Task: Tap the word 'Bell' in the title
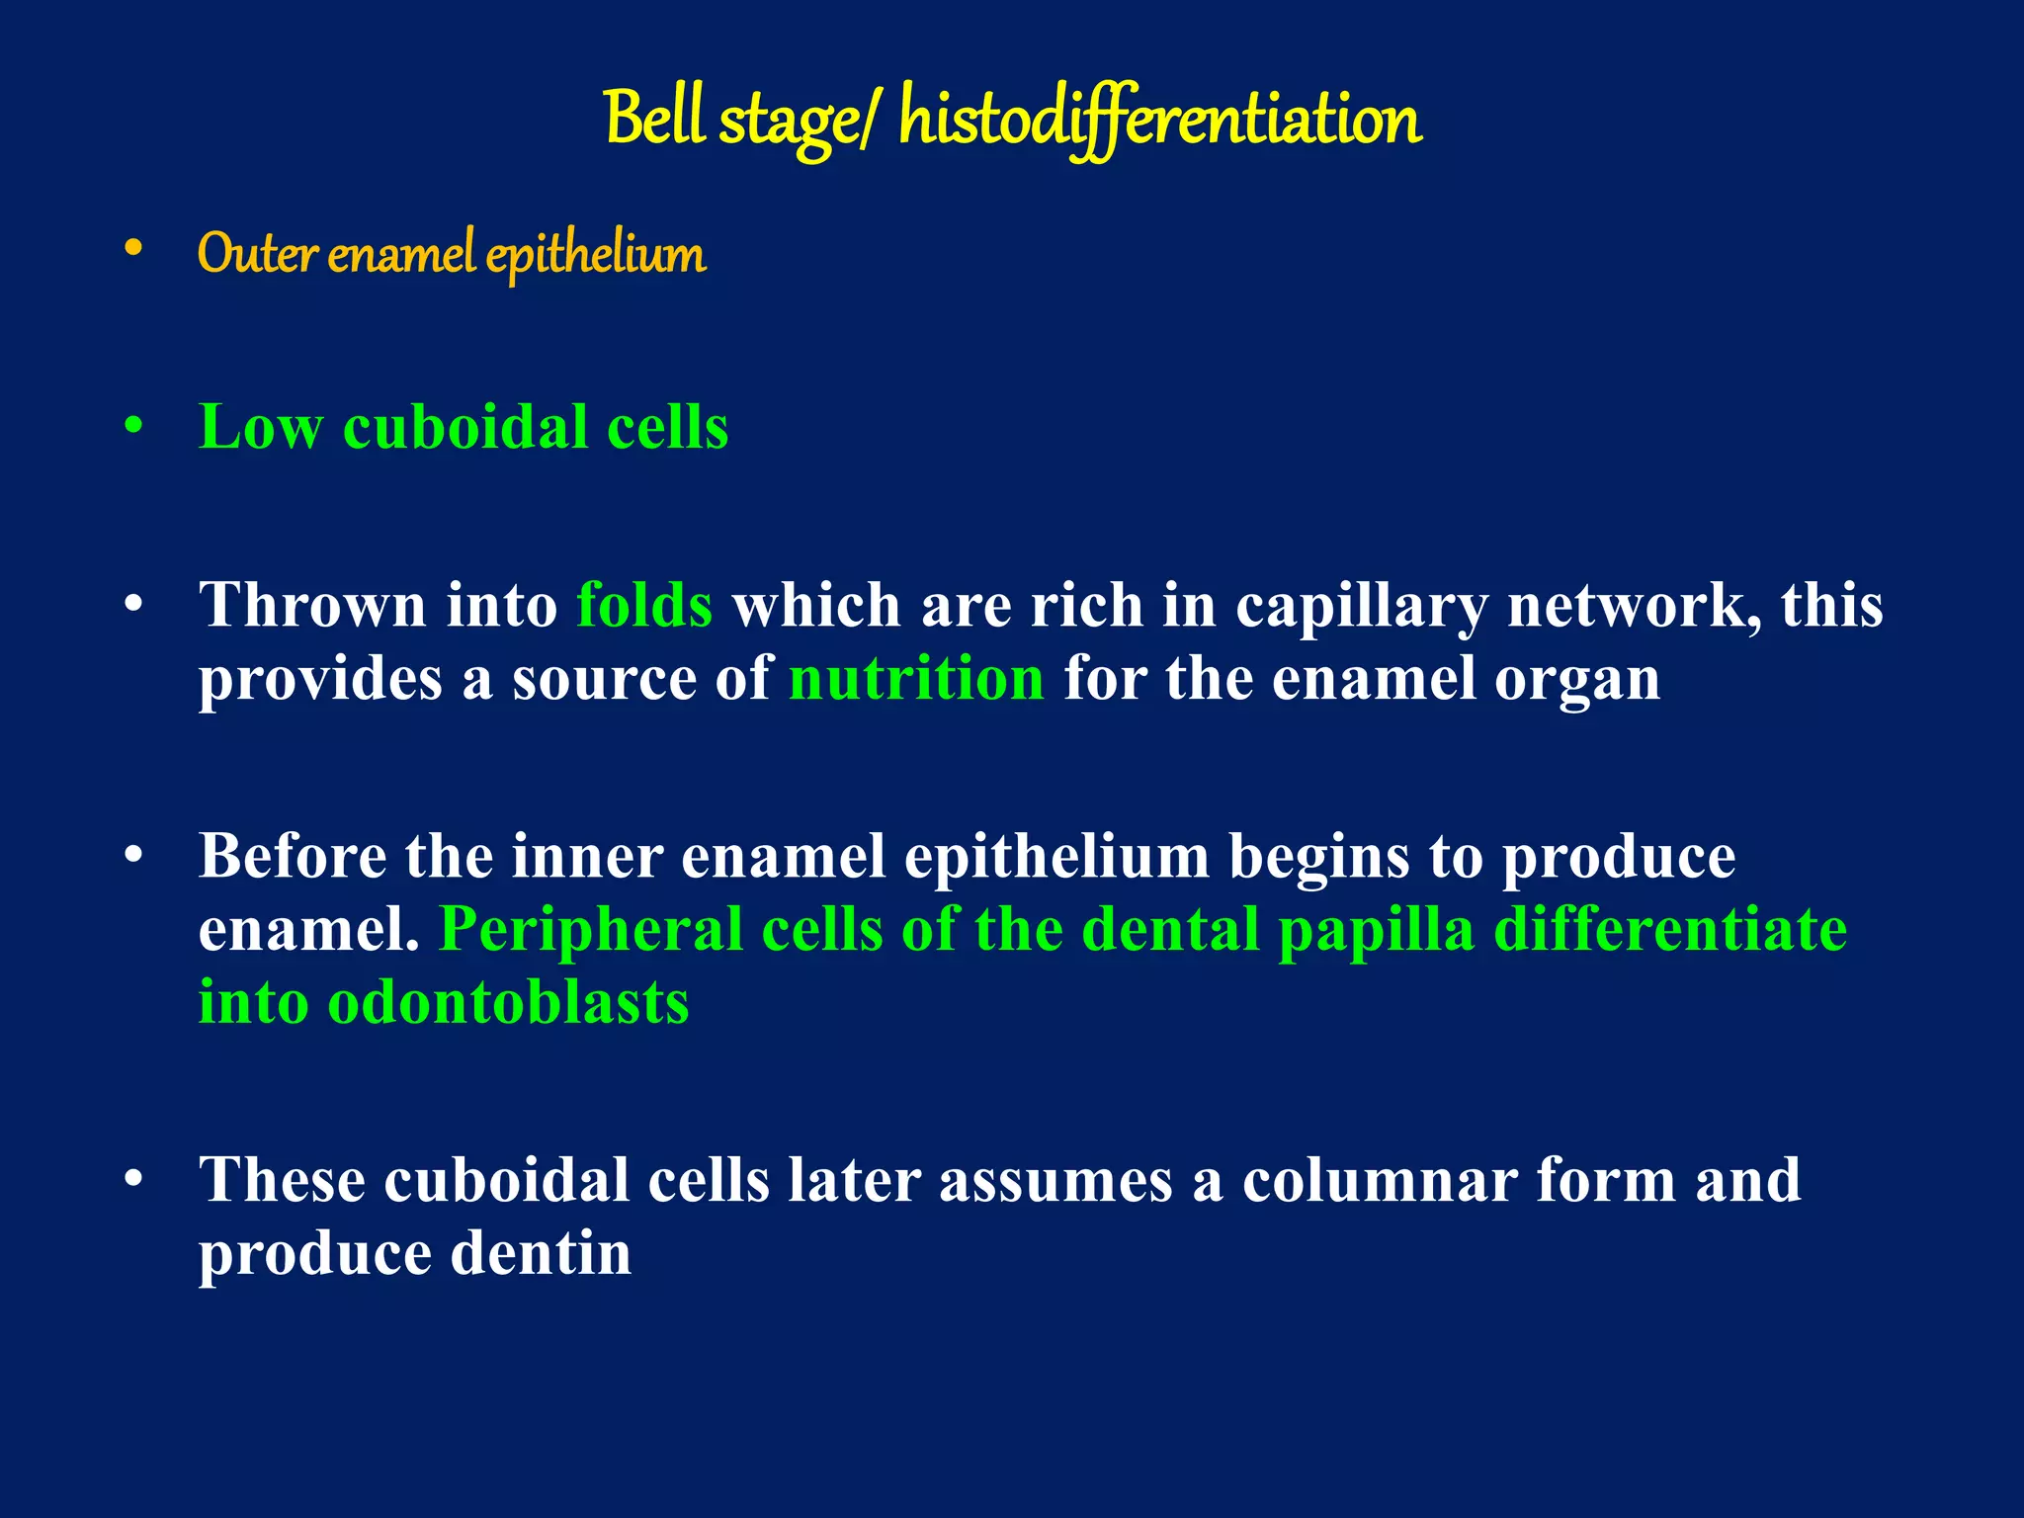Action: (655, 119)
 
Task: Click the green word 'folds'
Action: (644, 605)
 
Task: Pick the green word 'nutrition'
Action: (916, 679)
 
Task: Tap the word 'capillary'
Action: (1361, 607)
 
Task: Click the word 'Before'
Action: (292, 856)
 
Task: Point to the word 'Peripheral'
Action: (590, 931)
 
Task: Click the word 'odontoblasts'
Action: (508, 1003)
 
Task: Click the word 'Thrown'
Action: (312, 605)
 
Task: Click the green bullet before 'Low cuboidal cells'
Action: (134, 428)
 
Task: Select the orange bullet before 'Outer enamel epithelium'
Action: (134, 251)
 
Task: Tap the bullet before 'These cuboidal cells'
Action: (134, 1179)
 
